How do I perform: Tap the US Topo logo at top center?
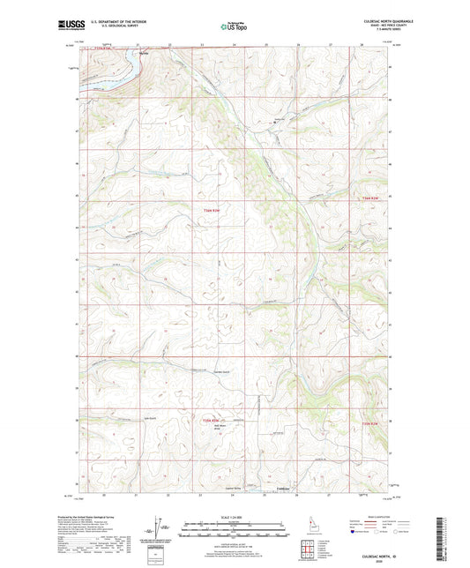pos(233,26)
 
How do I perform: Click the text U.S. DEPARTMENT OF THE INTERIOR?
pos(114,19)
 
